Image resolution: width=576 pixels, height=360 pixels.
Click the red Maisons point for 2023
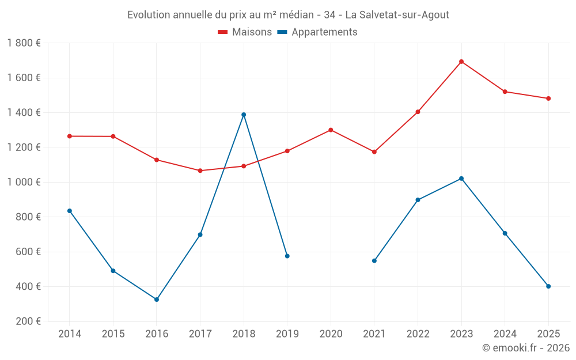pos(461,62)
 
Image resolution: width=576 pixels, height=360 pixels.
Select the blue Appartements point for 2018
pos(244,115)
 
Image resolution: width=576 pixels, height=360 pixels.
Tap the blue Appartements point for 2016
pos(157,300)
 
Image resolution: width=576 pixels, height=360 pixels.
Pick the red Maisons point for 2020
pos(331,130)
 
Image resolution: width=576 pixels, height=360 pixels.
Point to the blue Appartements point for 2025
pos(548,286)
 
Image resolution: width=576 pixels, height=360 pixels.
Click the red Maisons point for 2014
pos(70,136)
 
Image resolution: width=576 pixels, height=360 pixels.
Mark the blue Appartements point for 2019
pos(287,256)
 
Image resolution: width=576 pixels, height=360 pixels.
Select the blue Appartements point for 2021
pos(374,261)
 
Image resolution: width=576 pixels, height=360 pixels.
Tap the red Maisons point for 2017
pos(200,170)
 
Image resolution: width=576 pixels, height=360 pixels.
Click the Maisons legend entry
pos(245,32)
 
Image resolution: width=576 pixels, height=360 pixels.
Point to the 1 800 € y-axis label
pos(24,43)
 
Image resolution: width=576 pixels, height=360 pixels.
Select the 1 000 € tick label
pos(24,182)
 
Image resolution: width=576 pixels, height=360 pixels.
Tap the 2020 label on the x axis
pos(331,334)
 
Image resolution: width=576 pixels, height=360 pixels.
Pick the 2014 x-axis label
pos(70,334)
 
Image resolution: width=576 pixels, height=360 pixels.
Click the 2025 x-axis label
pos(548,334)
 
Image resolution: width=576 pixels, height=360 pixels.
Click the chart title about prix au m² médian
pos(288,15)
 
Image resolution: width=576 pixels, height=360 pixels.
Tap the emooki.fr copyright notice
pos(526,348)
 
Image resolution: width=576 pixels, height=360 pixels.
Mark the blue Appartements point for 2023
pos(461,179)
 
